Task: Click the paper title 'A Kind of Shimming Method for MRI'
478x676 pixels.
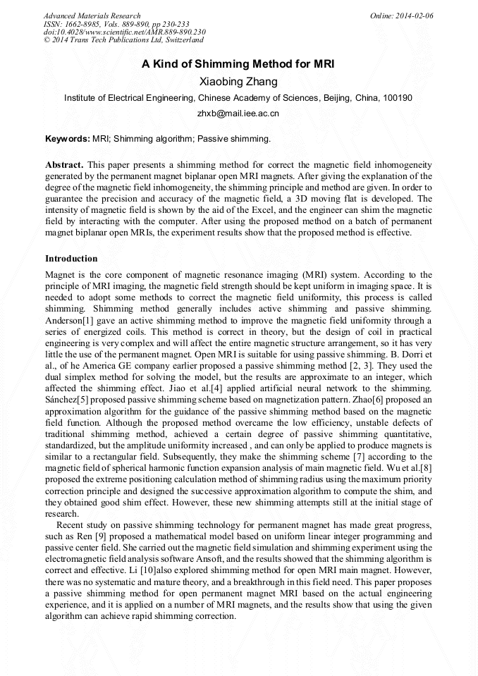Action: point(238,64)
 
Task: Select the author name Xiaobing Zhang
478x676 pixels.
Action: point(238,82)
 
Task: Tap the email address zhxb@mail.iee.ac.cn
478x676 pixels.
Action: point(238,113)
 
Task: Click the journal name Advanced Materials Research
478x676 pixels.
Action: point(92,16)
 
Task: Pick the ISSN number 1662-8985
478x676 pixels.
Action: point(85,24)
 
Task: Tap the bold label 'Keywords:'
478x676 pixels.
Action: point(67,139)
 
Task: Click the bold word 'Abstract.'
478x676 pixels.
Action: point(65,164)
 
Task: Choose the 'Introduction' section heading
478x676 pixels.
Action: point(71,259)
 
